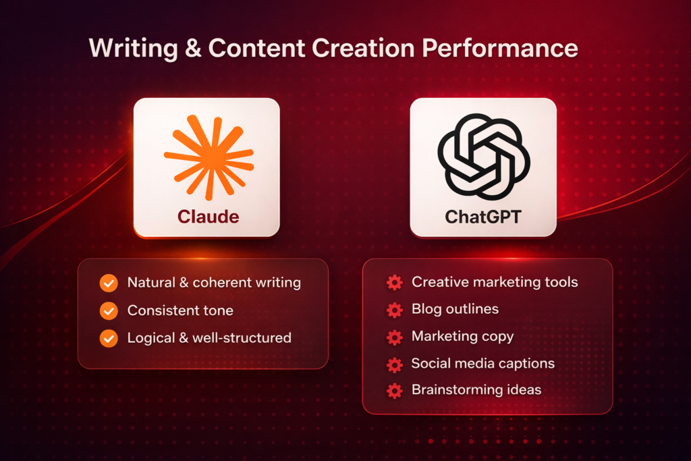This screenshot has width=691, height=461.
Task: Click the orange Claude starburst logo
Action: (x=208, y=157)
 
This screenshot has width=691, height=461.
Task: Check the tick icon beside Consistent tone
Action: (x=109, y=310)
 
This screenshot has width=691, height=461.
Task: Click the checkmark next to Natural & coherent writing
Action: (x=109, y=283)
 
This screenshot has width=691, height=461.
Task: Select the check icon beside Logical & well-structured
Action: (x=109, y=338)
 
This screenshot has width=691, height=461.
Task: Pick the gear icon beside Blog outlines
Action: (x=394, y=310)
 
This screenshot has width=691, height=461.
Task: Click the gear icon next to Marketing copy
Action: (x=394, y=337)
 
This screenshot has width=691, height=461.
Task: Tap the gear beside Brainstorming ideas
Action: (x=394, y=390)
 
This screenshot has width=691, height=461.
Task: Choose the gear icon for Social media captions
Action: (x=394, y=364)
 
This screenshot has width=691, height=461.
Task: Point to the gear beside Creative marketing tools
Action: (x=394, y=283)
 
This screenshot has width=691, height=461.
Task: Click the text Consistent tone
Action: (x=180, y=310)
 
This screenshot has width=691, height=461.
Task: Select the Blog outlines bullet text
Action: (x=455, y=309)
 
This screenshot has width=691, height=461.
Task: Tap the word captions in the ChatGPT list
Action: (x=524, y=364)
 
